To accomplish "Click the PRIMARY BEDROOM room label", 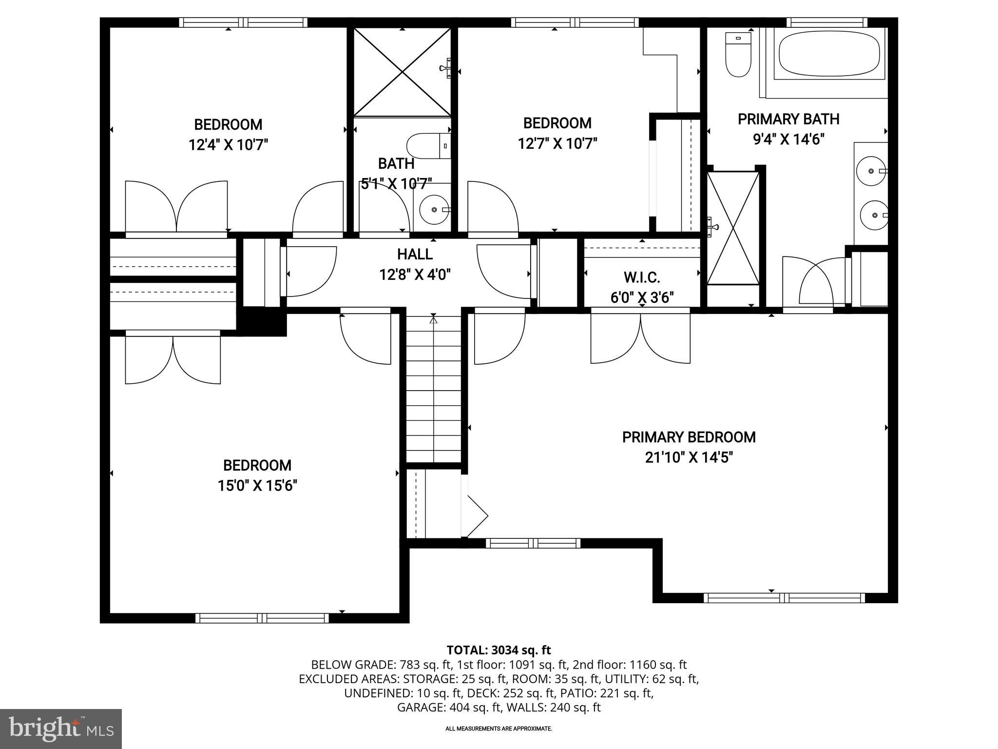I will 689,437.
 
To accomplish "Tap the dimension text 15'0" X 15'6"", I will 257,486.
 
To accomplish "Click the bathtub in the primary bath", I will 828,54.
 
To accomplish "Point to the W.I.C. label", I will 642,278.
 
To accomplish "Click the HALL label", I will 415,254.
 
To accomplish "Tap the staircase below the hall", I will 434,390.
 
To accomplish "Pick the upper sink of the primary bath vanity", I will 872,171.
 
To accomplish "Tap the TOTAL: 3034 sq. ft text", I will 499,650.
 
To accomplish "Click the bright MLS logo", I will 61,729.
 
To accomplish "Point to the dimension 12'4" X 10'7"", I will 229,145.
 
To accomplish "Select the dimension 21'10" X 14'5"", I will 689,457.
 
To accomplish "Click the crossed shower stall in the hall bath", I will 402,73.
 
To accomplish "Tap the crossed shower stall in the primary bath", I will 733,228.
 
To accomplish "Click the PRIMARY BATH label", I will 788,119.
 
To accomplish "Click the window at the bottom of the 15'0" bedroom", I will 262,618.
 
